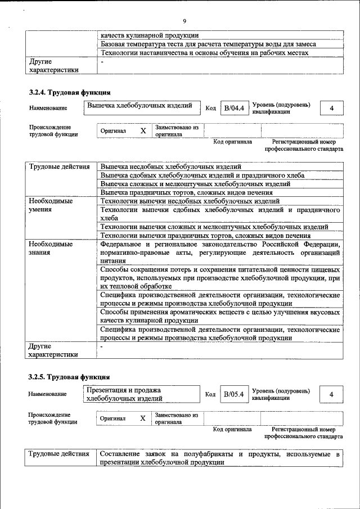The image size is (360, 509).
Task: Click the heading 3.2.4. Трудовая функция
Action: [x=70, y=92]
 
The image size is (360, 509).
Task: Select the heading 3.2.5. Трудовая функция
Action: [x=70, y=376]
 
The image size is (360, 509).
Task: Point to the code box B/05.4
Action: [x=233, y=394]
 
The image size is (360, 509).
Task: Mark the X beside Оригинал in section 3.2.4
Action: [x=143, y=131]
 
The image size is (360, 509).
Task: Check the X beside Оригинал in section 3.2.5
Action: [x=143, y=418]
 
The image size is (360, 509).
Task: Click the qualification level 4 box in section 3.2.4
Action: [x=332, y=108]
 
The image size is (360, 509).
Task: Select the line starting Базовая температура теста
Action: [x=208, y=44]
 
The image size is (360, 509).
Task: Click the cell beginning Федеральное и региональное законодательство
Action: [x=220, y=253]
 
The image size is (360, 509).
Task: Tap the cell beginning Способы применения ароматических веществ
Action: [x=220, y=315]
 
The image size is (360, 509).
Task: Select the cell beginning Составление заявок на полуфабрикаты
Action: [x=220, y=458]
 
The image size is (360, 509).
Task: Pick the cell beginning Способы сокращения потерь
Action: [x=220, y=278]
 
